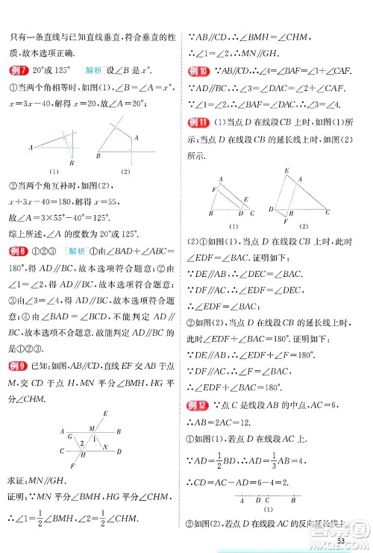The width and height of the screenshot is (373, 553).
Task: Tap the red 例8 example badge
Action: coord(18,251)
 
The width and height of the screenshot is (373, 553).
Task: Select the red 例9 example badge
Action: coord(18,365)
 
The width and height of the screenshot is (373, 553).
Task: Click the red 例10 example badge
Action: coord(198,72)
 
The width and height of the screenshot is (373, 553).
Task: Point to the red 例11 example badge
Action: coord(198,123)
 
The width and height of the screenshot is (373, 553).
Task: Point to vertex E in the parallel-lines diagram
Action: coord(105,413)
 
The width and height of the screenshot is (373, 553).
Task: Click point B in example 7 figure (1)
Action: coord(70,162)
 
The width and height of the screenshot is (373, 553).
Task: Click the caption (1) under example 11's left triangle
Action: coord(233,225)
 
